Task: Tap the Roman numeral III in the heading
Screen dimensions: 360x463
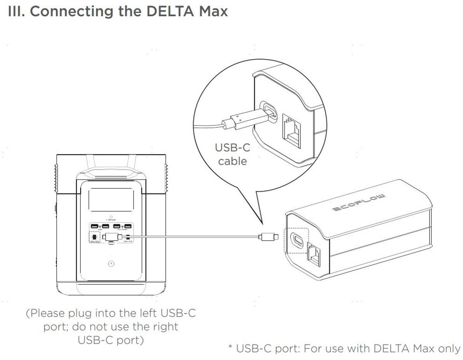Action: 16,11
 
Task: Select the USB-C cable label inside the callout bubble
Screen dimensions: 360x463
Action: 232,154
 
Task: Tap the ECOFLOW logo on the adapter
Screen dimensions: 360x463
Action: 359,202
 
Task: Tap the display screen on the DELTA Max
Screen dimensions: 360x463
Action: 111,200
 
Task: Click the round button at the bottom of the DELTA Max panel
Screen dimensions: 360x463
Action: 111,264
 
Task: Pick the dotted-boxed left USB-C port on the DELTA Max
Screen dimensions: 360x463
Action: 94,237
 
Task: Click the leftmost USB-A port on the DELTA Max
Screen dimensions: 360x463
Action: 94,226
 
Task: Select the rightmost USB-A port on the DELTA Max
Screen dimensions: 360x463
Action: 128,226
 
